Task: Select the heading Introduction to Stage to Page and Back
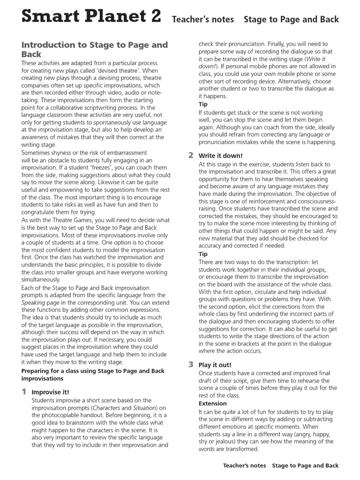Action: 94,49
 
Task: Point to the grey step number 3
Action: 191,364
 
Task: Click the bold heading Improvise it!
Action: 50,392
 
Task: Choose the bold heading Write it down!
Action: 220,156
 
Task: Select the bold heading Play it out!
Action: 215,365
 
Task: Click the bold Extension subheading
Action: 212,403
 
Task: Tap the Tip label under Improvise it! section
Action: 203,104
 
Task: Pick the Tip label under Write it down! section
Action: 203,254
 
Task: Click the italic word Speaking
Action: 34,303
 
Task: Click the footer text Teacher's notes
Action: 244,465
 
